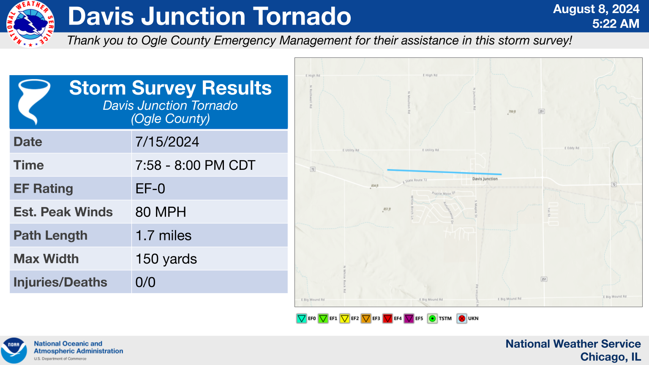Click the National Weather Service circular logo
pyautogui.click(x=30, y=24)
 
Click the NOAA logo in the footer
pyautogui.click(x=14, y=350)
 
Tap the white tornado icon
pyautogui.click(x=33, y=101)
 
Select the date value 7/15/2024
pyautogui.click(x=167, y=142)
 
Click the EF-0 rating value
pyautogui.click(x=150, y=188)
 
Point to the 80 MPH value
pyautogui.click(x=161, y=212)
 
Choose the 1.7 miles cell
pyautogui.click(x=163, y=235)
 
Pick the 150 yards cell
pyautogui.click(x=166, y=259)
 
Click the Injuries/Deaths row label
pyautogui.click(x=60, y=282)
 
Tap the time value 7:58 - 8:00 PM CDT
pyautogui.click(x=195, y=165)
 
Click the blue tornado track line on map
pyautogui.click(x=444, y=172)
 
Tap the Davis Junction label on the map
pyautogui.click(x=485, y=179)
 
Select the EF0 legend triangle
pyautogui.click(x=301, y=319)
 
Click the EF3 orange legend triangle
pyautogui.click(x=366, y=319)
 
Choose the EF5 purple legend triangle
pyautogui.click(x=409, y=319)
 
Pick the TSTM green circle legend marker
pyautogui.click(x=432, y=319)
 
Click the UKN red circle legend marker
pyautogui.click(x=462, y=319)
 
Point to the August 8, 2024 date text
pyautogui.click(x=596, y=9)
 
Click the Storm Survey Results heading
pyautogui.click(x=170, y=88)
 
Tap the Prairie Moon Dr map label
pyautogui.click(x=443, y=193)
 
